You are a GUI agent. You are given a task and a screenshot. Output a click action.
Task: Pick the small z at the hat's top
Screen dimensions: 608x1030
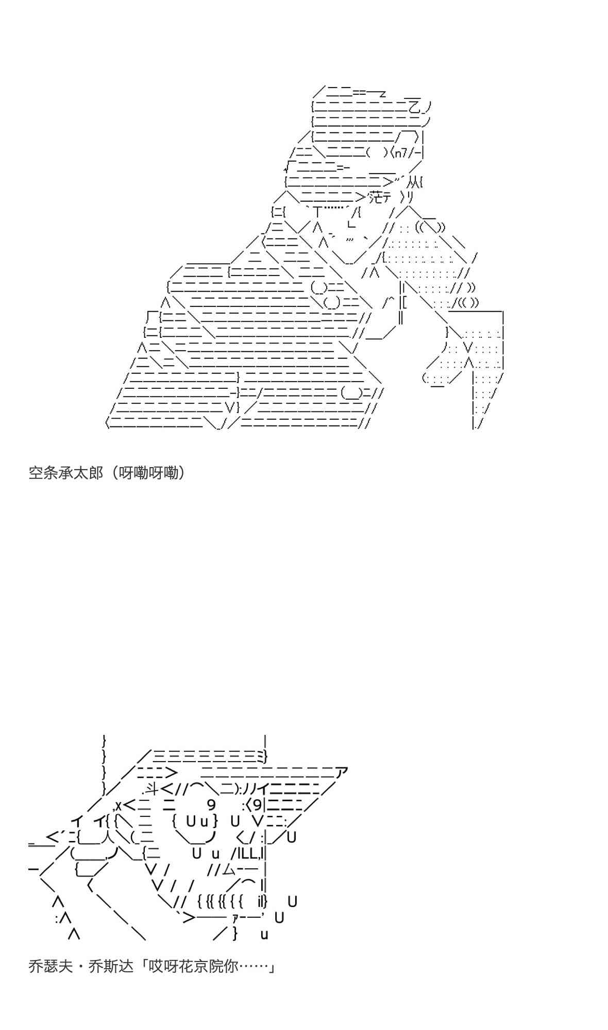tap(382, 94)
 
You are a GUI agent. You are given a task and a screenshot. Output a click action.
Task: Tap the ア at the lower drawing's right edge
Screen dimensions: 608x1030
tap(342, 772)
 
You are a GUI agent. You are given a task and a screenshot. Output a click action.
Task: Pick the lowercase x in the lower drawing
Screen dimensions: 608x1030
tap(118, 805)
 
